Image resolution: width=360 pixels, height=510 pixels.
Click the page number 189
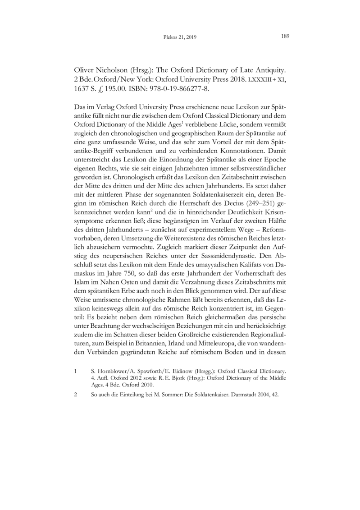click(284, 37)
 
